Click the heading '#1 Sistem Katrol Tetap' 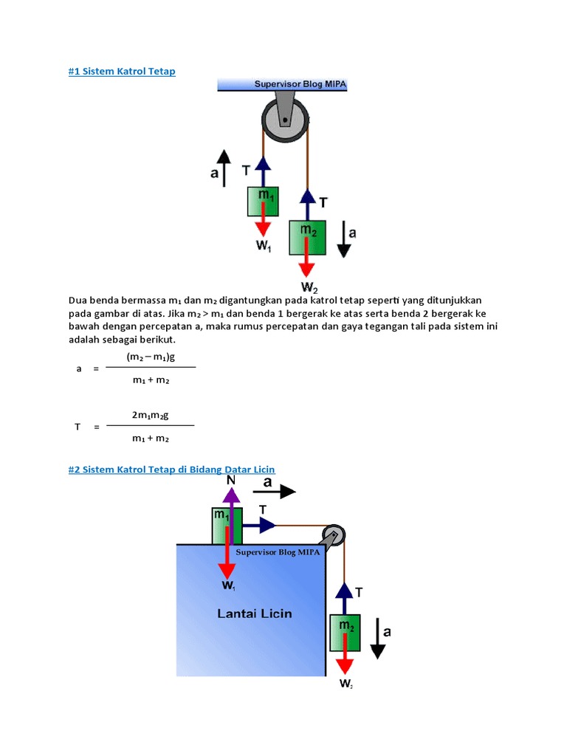click(x=122, y=71)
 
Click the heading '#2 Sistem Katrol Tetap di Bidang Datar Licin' click(x=171, y=469)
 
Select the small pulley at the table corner click(x=332, y=535)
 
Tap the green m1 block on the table click(x=224, y=525)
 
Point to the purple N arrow click(x=232, y=509)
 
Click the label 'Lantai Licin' click(x=254, y=613)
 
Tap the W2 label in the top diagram click(x=308, y=286)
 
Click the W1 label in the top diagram click(x=264, y=247)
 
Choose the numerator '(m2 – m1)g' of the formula click(x=150, y=357)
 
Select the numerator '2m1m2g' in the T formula click(x=150, y=415)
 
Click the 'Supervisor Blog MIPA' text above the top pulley click(x=300, y=84)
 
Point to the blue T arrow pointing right click(x=258, y=525)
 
